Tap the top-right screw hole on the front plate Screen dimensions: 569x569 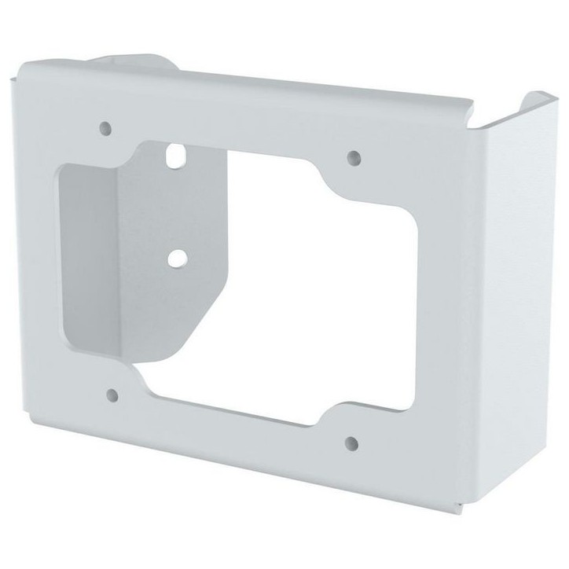(353, 156)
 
